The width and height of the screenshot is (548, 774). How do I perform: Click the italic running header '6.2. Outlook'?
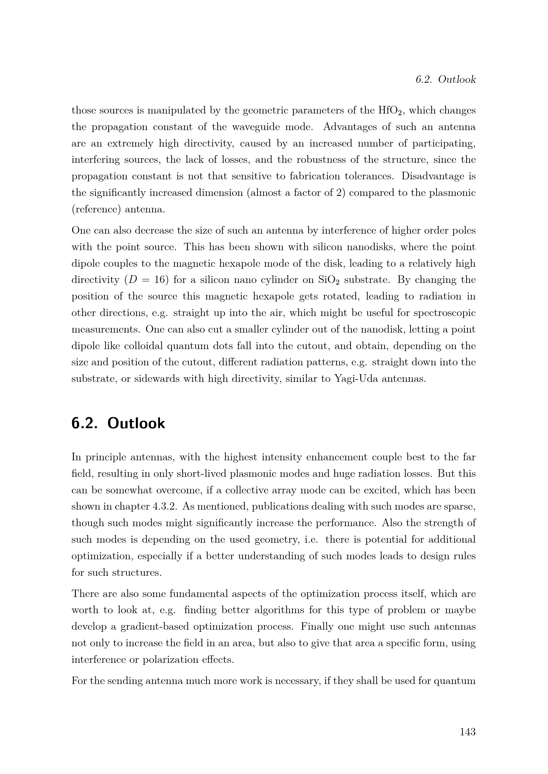[445, 79]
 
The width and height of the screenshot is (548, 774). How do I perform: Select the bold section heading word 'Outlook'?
[136, 424]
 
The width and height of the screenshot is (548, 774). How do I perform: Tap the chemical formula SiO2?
[329, 280]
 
